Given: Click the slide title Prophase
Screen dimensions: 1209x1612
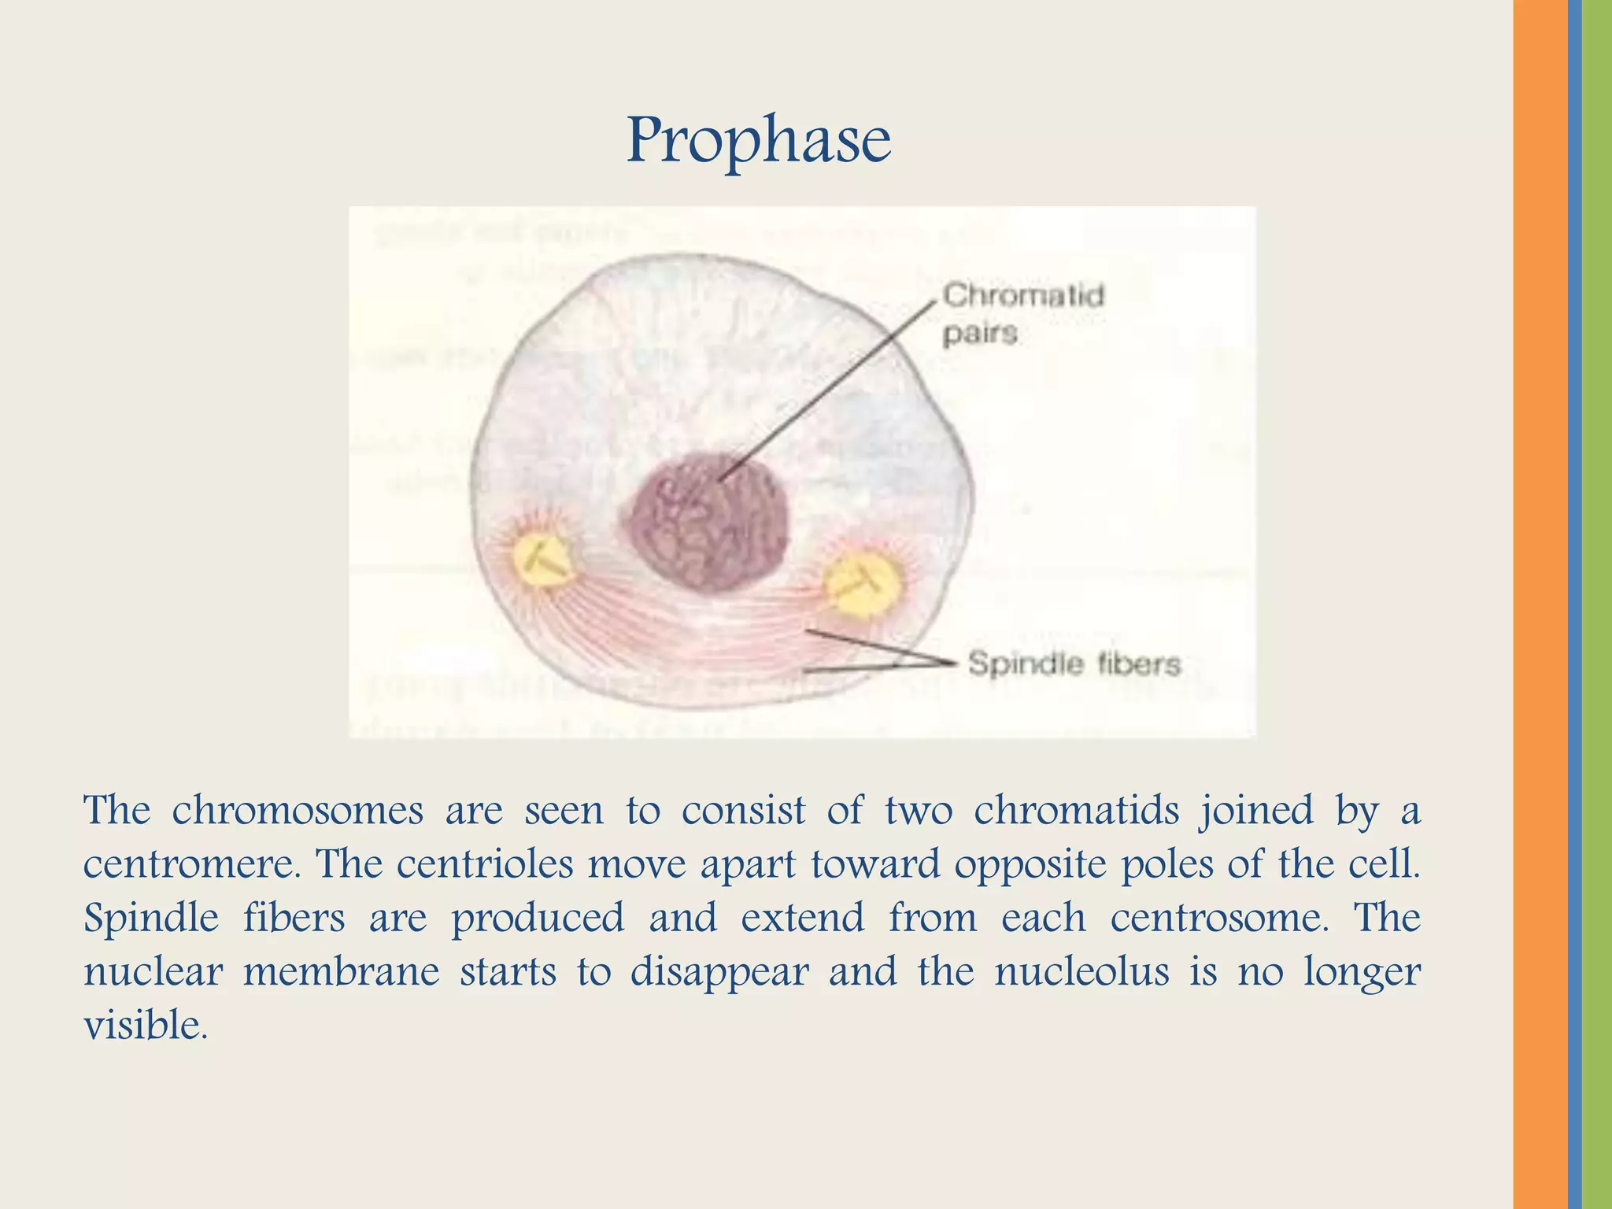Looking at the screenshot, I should pos(758,141).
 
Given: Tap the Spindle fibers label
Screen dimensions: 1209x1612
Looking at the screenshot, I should pos(1074,664).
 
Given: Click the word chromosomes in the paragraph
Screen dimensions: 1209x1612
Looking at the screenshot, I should pos(298,811).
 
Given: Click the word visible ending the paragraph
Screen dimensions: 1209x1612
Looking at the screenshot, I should pos(146,1026).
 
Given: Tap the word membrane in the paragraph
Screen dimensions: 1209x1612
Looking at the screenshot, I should pos(341,972).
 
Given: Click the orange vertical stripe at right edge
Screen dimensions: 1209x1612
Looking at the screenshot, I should pos(1540,604).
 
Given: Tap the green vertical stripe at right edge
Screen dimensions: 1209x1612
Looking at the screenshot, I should pos(1597,604).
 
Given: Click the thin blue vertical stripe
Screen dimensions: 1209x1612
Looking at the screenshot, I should pos(1574,604).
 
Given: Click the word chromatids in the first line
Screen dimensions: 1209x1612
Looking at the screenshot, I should pos(1075,811).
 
